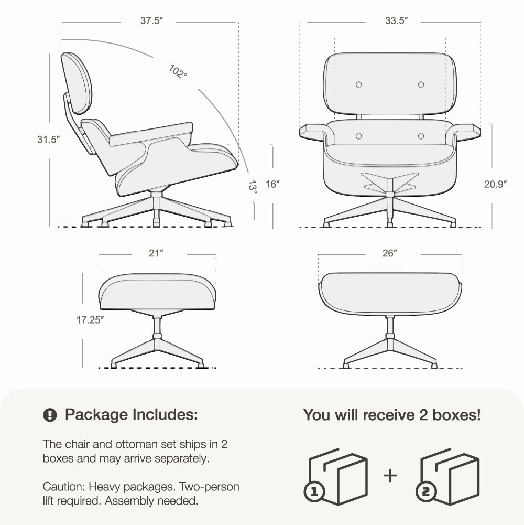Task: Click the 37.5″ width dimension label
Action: tap(151, 21)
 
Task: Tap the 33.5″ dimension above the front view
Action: tap(397, 21)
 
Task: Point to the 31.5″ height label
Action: tap(49, 140)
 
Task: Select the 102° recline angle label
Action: tap(178, 71)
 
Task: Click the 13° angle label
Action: tap(253, 188)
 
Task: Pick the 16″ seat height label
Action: tap(272, 184)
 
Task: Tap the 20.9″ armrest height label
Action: tap(496, 184)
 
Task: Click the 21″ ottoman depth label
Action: tap(156, 253)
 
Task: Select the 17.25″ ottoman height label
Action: tap(90, 320)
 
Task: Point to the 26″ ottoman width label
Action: tap(390, 253)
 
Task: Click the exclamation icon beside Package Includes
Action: tap(50, 415)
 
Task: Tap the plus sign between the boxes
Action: tap(390, 476)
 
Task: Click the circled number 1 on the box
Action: tap(314, 491)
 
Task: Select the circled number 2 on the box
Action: tap(425, 491)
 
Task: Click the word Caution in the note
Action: tap(64, 487)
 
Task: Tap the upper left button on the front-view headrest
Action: tap(359, 84)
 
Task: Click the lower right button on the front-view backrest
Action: tap(421, 136)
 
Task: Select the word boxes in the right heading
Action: tap(457, 415)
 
